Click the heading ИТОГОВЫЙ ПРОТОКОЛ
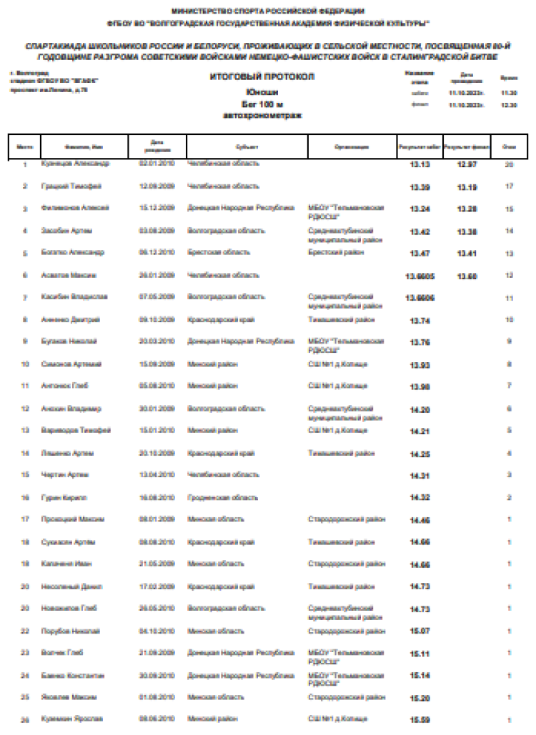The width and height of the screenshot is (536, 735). coord(262,76)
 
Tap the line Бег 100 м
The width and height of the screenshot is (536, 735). coord(262,104)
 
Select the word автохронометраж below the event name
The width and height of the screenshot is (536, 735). coord(262,114)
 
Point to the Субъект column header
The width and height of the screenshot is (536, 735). coord(247,147)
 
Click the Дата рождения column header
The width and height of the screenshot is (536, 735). coord(157,147)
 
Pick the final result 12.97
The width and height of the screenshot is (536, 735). coord(467,165)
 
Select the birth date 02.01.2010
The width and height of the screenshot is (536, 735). coord(157,164)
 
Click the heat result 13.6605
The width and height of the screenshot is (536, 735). coord(421,276)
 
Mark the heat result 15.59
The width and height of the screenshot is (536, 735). coord(420,719)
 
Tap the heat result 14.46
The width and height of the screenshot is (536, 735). coord(420,520)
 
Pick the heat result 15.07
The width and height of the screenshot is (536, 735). coord(420,631)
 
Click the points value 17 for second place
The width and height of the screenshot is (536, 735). coord(509,187)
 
